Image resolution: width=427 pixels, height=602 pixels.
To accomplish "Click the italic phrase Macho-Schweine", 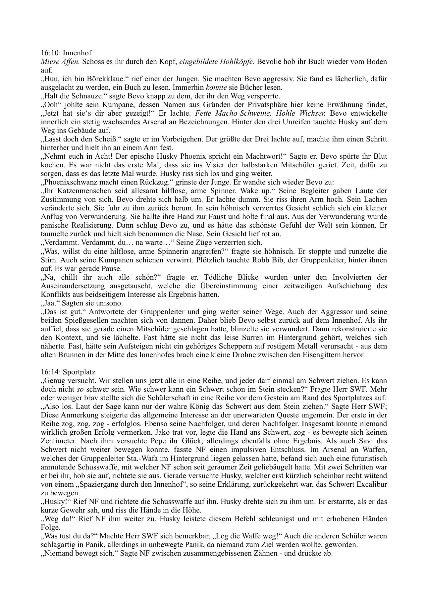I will [244, 113].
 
